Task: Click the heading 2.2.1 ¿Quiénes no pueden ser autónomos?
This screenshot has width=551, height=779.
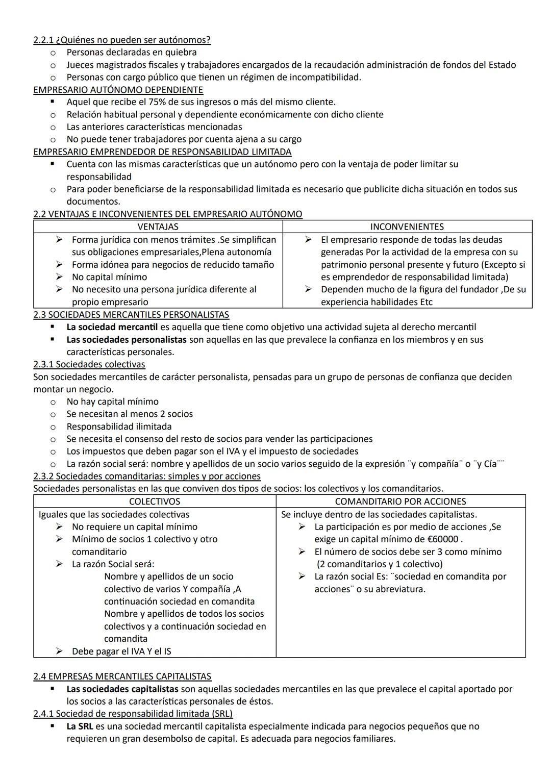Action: point(122,40)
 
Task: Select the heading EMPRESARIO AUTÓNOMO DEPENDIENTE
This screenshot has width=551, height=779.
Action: point(118,90)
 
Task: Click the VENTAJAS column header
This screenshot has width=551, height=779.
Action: point(158,227)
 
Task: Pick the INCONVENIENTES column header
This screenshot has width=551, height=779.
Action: point(407,227)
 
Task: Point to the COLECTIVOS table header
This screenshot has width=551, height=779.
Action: point(155,501)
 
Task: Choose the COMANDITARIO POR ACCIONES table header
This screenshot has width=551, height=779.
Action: point(400,501)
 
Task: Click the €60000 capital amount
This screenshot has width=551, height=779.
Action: point(441,539)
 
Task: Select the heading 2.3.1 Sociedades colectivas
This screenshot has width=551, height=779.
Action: point(89,364)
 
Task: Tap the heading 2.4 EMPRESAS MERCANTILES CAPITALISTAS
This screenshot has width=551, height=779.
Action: point(122,676)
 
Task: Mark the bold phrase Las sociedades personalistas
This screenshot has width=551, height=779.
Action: point(127,340)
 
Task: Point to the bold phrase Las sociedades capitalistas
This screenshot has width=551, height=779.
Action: point(122,689)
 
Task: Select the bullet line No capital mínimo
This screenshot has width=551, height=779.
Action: point(109,277)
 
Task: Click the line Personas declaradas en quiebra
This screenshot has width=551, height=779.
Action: point(131,53)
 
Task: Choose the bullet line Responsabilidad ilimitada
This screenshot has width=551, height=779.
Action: point(119,426)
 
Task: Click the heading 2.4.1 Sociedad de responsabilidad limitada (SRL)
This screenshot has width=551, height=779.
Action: point(133,714)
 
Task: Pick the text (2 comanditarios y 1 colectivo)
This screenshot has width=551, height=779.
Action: point(380,564)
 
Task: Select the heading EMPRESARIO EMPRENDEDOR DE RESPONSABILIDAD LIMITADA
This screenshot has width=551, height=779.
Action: point(162,152)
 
